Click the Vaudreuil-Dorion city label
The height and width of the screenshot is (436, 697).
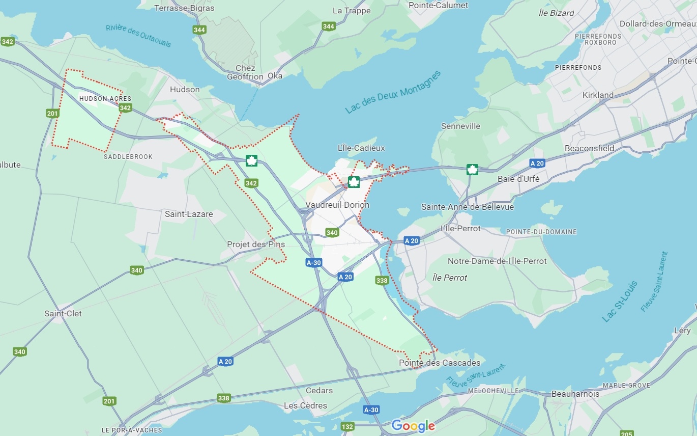click(x=337, y=205)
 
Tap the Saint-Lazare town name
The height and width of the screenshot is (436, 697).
click(x=189, y=214)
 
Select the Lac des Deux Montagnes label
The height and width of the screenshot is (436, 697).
click(x=393, y=92)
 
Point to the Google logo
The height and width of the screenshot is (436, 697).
click(x=413, y=426)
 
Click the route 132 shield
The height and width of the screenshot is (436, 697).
click(x=347, y=426)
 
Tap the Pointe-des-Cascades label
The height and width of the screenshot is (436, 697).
click(x=440, y=363)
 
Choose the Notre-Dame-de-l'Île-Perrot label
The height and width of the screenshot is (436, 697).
click(x=497, y=261)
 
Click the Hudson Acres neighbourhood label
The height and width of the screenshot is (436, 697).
click(x=105, y=99)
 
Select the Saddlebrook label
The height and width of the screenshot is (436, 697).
click(x=128, y=157)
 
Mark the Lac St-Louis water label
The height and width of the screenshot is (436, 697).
click(x=620, y=301)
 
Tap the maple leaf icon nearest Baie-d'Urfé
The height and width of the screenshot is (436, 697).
click(x=472, y=170)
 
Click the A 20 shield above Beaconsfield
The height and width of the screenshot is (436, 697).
click(x=537, y=163)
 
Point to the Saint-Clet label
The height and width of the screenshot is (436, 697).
click(x=63, y=313)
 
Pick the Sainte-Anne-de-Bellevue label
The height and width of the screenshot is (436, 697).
click(x=468, y=207)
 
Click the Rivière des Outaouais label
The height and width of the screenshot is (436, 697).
click(x=138, y=36)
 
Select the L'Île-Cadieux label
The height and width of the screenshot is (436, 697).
click(x=361, y=148)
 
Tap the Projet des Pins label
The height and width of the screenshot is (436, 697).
click(x=256, y=244)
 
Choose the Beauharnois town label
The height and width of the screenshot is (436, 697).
click(x=575, y=394)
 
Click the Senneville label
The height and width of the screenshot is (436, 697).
click(x=460, y=126)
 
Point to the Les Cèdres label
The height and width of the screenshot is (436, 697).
click(x=305, y=405)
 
